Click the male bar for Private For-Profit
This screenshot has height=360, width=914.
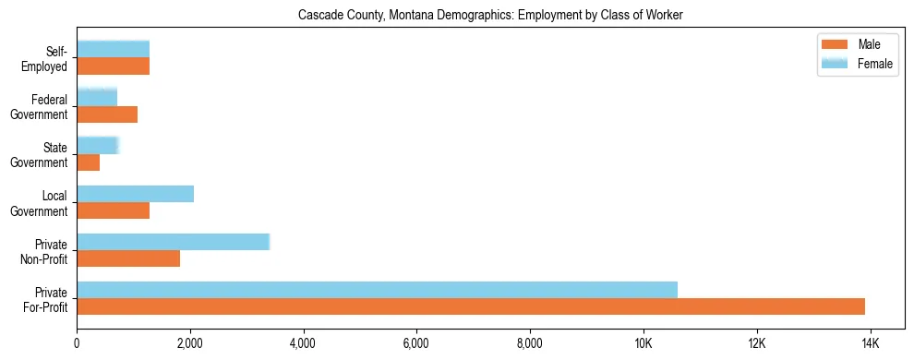coord(471,306)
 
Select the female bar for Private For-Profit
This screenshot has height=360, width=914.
coord(377,289)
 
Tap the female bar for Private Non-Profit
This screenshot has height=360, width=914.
coord(173,242)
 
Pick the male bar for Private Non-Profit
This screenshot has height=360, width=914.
coord(128,258)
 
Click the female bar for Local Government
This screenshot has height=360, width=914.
coord(135,194)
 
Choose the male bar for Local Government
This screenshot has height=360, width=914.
coord(113,210)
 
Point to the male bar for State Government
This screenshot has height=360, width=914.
coord(89,162)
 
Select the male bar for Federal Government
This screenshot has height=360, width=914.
coord(107,114)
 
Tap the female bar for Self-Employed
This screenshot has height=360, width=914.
coord(113,49)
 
